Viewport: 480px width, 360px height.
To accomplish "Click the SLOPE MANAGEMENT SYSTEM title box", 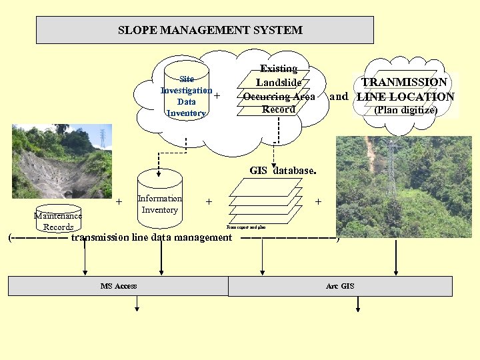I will coord(205,30).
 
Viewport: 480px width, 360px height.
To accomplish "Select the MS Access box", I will coord(118,286).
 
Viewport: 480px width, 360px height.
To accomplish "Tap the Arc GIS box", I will coord(340,286).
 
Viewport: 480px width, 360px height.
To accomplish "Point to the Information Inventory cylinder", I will coord(159,200).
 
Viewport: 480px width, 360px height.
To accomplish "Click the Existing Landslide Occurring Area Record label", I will coord(279,89).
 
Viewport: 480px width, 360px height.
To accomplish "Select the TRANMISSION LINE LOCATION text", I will coord(405,89).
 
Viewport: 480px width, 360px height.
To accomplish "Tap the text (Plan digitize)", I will coord(405,110).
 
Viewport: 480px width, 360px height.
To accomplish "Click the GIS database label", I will coord(281,171).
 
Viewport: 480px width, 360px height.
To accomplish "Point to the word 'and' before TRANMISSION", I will coord(339,97).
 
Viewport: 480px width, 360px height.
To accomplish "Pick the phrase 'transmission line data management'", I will coord(151,237).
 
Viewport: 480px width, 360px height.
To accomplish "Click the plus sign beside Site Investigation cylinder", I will coord(217,95).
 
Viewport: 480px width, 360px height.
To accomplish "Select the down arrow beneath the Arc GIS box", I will coord(359,305).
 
